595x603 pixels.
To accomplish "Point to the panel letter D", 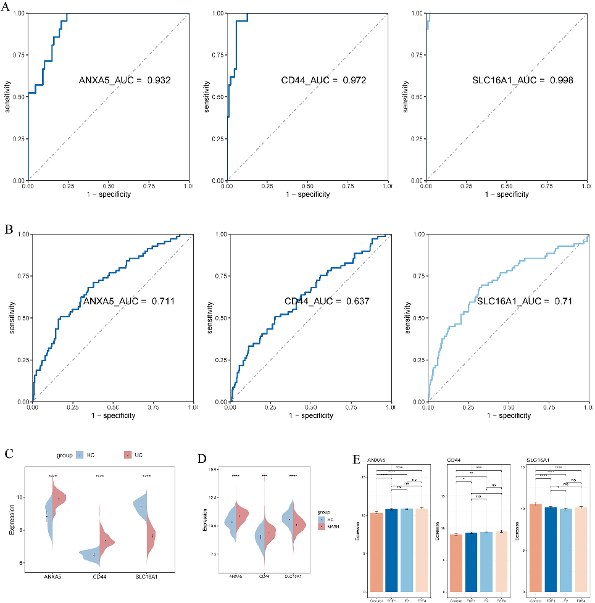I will point(201,459).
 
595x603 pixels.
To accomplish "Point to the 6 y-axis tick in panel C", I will point(21,563).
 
